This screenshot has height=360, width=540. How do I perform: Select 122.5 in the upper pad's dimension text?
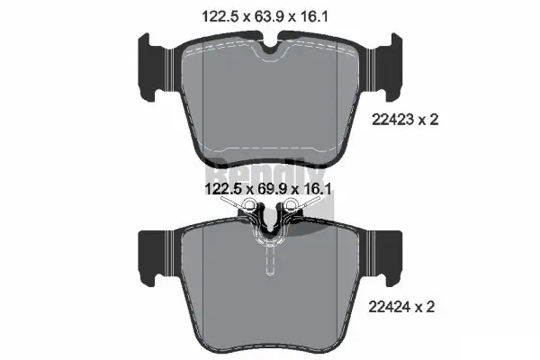pos(214,15)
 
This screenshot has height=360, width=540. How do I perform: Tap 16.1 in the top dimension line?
pos(321,15)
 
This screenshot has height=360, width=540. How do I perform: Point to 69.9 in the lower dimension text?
pos(268,191)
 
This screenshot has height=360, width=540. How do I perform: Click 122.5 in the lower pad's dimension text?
pos(214,191)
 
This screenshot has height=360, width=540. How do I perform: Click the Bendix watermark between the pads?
pos(270,171)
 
